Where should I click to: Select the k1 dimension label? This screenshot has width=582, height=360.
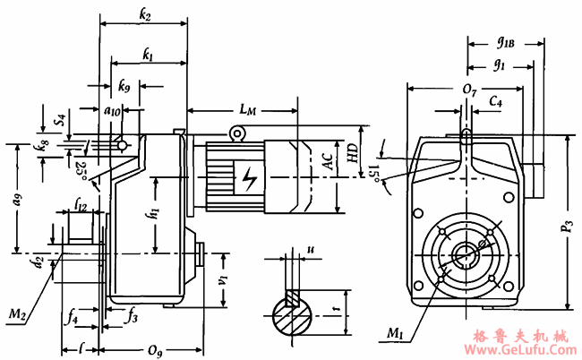click(147, 56)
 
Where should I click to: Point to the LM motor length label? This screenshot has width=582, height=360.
click(248, 109)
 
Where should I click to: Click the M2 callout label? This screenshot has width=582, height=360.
click(16, 313)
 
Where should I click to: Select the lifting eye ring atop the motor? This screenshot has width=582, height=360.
click(237, 133)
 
